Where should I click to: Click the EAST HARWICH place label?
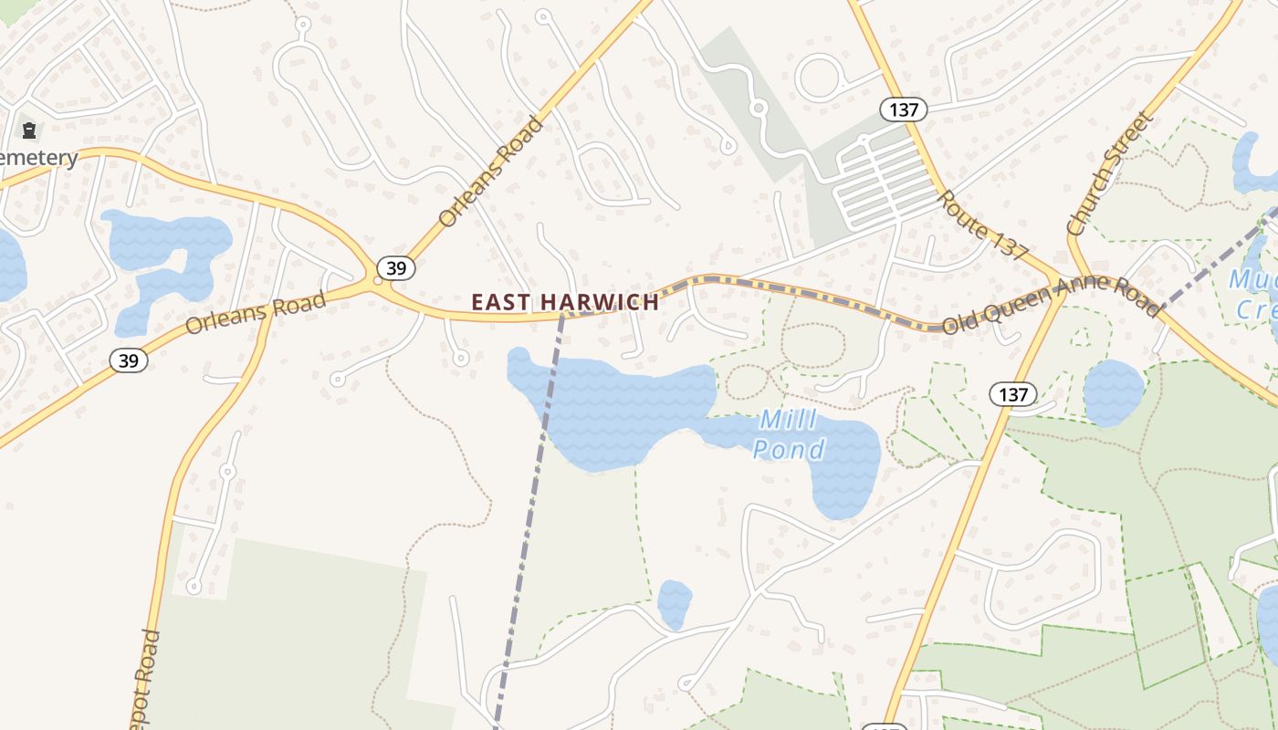(x=564, y=302)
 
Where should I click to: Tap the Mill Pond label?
(x=789, y=434)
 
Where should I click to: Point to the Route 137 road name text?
(x=983, y=225)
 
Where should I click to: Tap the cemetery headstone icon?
(x=29, y=130)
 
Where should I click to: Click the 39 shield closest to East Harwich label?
(x=395, y=268)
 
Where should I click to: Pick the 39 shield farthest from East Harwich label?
(x=129, y=360)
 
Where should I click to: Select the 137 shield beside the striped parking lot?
(x=904, y=110)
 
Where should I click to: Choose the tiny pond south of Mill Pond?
(x=675, y=603)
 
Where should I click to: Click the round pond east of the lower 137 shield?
(x=1113, y=392)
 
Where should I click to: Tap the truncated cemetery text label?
(x=38, y=158)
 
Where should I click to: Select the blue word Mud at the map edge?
(x=1256, y=279)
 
